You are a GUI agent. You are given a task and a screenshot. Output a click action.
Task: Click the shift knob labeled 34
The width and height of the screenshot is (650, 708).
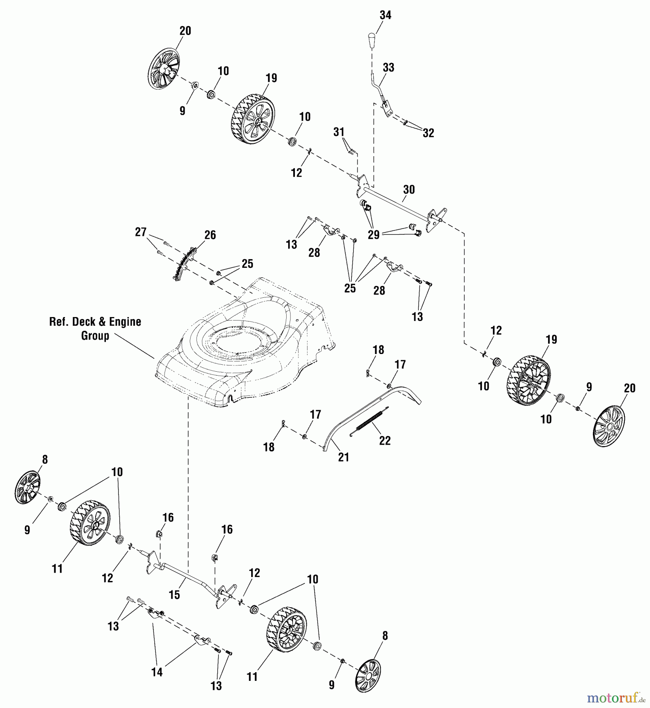click(x=372, y=40)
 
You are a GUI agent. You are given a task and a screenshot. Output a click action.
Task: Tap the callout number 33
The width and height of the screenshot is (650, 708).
click(x=388, y=68)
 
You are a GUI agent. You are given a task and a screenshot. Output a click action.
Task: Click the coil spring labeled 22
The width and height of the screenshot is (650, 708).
click(x=370, y=422)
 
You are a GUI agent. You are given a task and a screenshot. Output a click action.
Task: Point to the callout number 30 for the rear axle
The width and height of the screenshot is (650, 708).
click(x=409, y=190)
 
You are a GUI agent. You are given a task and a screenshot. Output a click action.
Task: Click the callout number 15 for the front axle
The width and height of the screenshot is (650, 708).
click(x=174, y=595)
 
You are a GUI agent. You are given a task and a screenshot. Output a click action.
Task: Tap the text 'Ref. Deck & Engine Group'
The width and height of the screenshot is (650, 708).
click(x=95, y=328)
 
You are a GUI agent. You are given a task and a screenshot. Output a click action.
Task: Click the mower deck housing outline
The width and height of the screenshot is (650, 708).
click(x=244, y=346)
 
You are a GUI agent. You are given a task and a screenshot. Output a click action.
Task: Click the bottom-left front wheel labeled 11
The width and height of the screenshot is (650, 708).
click(x=90, y=523)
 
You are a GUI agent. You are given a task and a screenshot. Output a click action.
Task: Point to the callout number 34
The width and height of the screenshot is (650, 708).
click(x=385, y=15)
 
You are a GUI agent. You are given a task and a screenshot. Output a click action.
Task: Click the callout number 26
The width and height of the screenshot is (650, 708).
click(x=210, y=235)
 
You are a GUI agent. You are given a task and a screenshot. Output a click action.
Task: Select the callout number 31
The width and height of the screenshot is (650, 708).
click(x=339, y=132)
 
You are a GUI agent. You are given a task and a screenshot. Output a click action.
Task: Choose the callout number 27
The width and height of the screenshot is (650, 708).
click(x=141, y=232)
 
